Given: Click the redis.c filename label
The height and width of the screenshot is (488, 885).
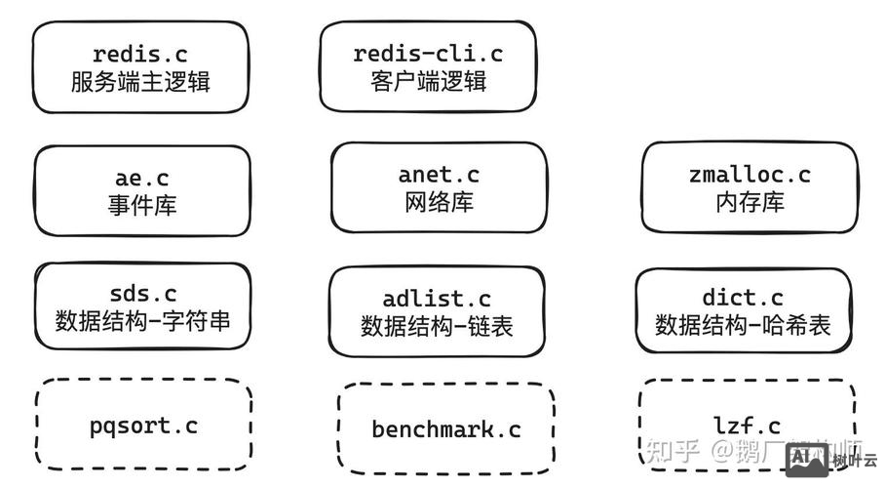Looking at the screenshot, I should pos(140,54).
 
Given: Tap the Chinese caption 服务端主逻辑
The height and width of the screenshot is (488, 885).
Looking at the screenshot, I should pos(140,81).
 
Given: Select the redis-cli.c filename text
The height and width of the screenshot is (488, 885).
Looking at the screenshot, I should pos(428,54).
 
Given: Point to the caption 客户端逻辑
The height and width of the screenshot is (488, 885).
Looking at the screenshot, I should pos(428,81).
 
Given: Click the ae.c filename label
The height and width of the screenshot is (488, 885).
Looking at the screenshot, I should pos(142,178).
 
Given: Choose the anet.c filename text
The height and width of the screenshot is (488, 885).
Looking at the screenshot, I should pos(439,176).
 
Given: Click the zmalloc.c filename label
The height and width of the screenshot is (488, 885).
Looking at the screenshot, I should pos(749,176).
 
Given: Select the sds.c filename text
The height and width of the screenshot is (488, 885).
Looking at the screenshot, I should pos(142,293).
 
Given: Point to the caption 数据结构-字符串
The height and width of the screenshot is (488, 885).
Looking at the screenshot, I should pos(142,320).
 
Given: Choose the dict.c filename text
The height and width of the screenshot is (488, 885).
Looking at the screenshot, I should pos(743,298).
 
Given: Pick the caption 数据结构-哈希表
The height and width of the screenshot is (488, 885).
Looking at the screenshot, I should pos(743,325).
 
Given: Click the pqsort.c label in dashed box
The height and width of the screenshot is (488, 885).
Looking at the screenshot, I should pos(143,426).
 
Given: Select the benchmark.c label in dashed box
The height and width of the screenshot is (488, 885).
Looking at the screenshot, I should pos(446,429).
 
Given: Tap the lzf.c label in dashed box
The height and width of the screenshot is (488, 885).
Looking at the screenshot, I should pos(747,426).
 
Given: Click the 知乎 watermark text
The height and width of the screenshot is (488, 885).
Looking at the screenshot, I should pos(673,451).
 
